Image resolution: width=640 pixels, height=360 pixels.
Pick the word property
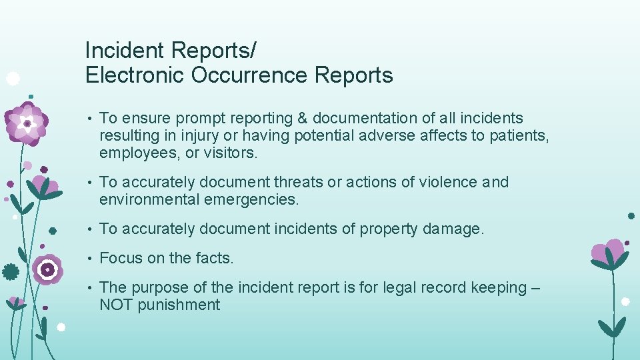coord(388,229)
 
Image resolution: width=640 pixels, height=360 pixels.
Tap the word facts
coord(213,258)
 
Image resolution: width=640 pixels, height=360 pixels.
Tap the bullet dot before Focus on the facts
coord(89,259)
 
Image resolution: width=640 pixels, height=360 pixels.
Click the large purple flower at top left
coord(27,123)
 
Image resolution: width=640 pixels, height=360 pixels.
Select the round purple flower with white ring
coord(47,269)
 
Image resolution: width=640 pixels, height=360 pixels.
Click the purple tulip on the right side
coord(610,253)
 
